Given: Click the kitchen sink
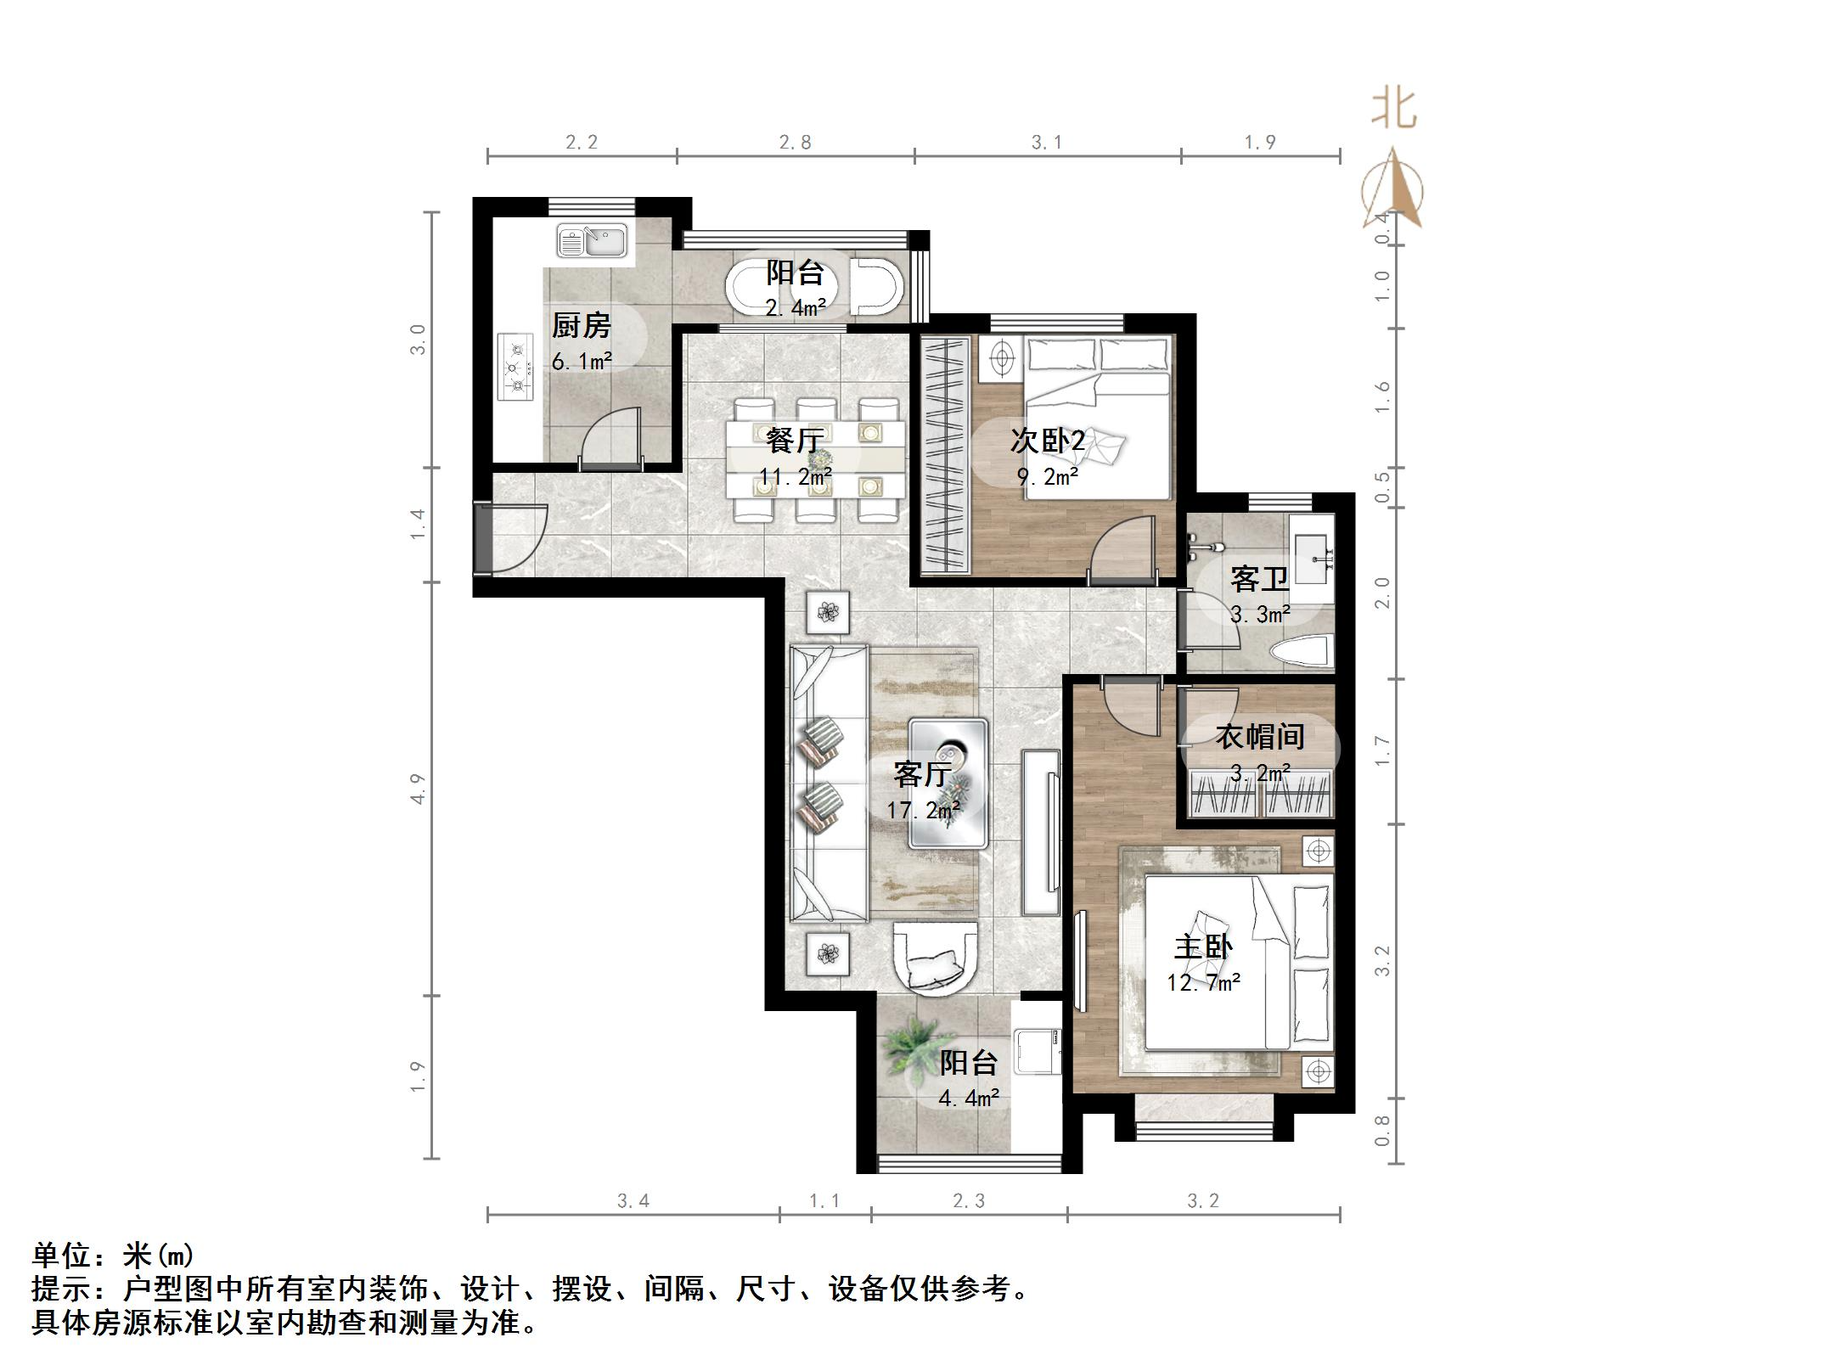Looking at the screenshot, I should pos(592,241).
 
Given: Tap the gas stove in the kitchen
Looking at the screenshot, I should pos(515,368).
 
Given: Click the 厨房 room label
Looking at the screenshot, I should pos(581,325).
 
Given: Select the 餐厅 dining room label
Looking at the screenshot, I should pos(794,440).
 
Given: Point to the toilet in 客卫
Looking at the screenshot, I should pos(1298,654).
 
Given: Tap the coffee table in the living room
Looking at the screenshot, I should pos(948,783).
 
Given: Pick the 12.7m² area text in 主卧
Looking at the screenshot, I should pos(1203,983).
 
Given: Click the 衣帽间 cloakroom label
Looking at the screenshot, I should pos(1259,736).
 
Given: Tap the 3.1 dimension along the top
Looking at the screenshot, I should pos(1046,143).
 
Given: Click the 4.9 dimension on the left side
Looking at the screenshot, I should pos(417,789).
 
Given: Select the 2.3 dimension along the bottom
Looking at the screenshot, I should pos(968,1200).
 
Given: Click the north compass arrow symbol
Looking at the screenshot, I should pos(1392,191).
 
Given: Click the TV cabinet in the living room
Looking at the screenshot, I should pos(1041,832).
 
